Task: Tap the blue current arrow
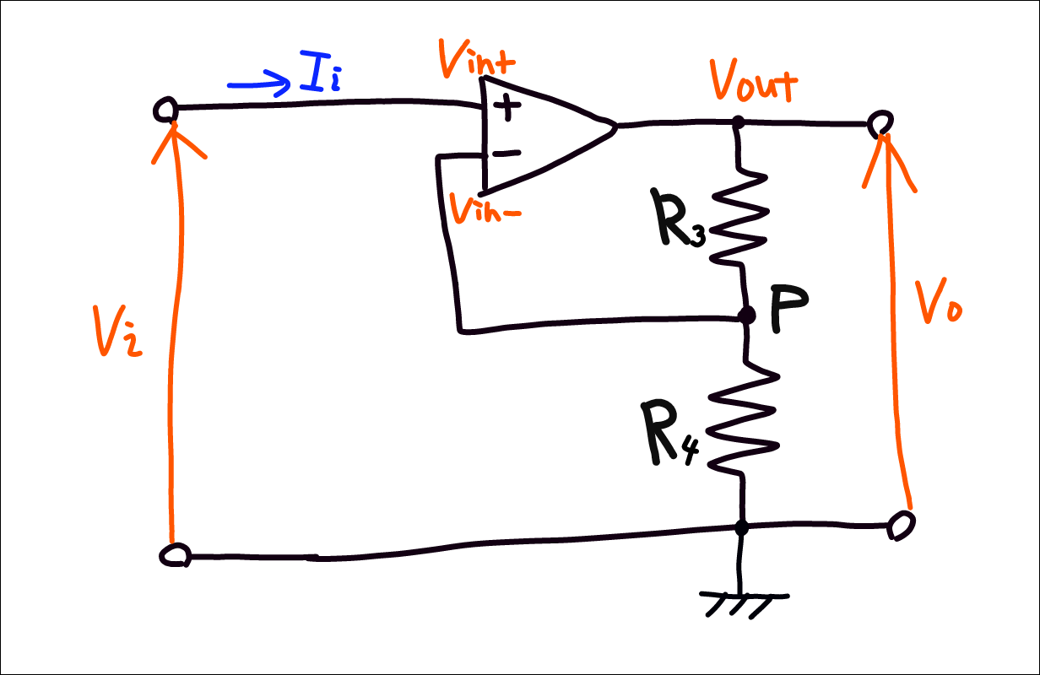tap(258, 85)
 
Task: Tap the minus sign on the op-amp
tap(506, 153)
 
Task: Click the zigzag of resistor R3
tap(739, 217)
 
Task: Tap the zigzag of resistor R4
tap(743, 418)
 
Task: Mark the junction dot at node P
tap(745, 316)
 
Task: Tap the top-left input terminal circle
tap(165, 110)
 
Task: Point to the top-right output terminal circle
tap(880, 123)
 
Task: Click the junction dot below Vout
tap(738, 122)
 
